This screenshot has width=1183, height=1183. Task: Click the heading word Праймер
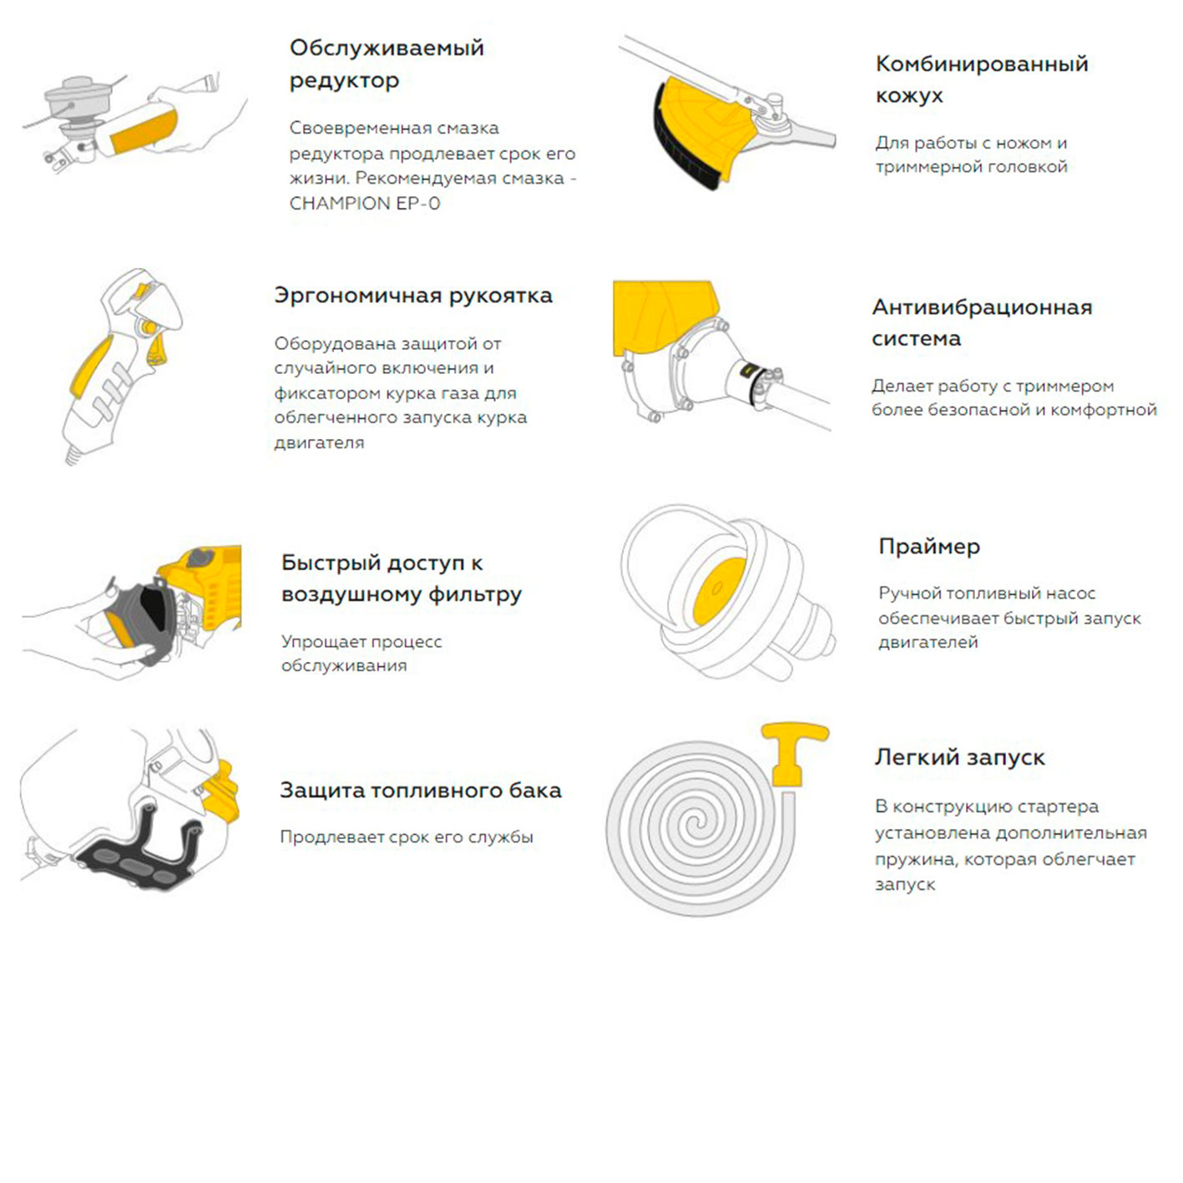929,547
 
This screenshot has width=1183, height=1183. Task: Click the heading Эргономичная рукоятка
413,296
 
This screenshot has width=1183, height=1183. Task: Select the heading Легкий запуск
959,757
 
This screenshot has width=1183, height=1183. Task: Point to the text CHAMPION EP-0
365,204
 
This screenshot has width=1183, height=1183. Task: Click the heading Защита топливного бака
421,790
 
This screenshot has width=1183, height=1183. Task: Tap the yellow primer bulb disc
718,592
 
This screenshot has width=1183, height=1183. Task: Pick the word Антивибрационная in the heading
982,307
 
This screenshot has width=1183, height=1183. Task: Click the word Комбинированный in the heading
982,63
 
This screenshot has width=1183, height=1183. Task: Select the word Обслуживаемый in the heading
387,48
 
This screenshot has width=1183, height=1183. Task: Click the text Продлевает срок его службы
407,837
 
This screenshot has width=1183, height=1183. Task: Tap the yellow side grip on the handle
90,367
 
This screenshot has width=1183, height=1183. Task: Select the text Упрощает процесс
361,642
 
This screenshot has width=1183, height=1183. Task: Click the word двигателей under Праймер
928,643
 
